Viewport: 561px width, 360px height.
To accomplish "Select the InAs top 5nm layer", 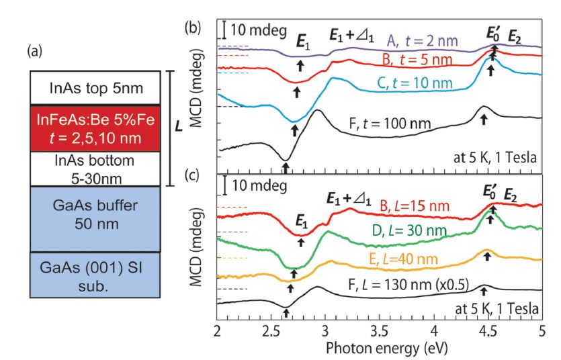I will (96, 88).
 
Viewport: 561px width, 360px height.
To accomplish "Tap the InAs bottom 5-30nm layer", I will (96, 168).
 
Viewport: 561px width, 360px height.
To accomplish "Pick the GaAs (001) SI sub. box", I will (96, 273).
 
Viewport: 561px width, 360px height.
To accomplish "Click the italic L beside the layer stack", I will (181, 126).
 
